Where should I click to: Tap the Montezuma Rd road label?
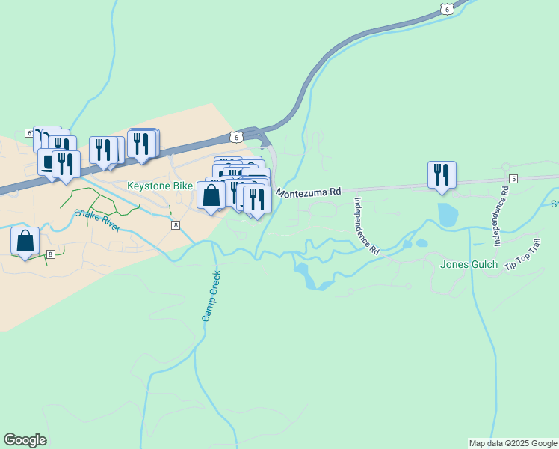tap(309, 192)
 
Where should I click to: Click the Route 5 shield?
tap(513, 178)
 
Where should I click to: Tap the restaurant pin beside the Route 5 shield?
tap(442, 175)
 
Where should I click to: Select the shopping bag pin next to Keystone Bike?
tap(211, 195)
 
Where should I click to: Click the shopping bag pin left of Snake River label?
tap(25, 242)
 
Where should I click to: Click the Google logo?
tap(25, 440)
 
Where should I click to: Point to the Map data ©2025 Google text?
tap(513, 443)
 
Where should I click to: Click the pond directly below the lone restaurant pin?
tap(448, 215)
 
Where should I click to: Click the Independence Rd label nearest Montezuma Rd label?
tap(367, 227)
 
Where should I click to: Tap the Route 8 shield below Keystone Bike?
tap(175, 225)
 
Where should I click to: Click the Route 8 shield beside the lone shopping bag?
tap(51, 254)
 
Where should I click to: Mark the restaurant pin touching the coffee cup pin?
tap(66, 165)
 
